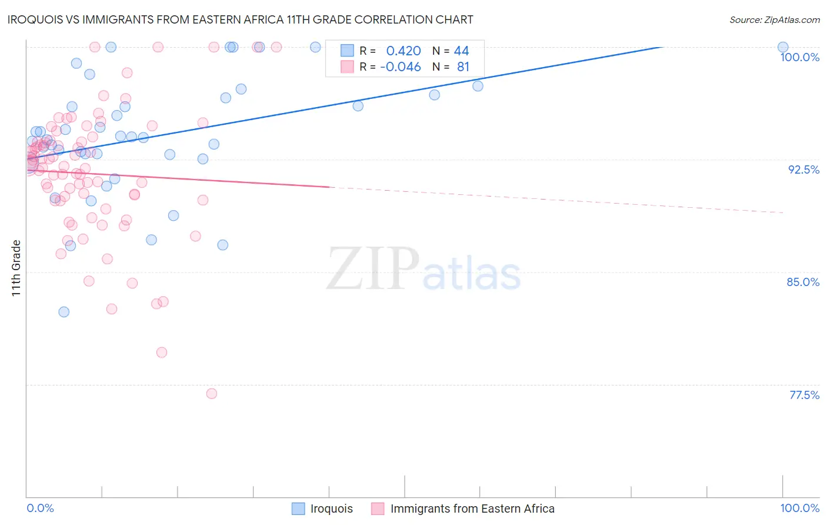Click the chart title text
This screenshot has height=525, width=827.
tap(240, 19)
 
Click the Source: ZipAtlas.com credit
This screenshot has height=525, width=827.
tap(774, 19)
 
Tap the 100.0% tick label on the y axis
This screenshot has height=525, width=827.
tap(799, 57)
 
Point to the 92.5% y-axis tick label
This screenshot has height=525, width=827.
tap(803, 170)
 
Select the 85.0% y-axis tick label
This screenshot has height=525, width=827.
tap(803, 282)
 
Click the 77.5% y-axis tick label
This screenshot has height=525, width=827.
tap(804, 395)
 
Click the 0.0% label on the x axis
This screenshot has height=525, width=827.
tap(41, 508)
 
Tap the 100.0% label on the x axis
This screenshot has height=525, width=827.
tap(799, 508)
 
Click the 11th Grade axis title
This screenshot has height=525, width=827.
tap(16, 268)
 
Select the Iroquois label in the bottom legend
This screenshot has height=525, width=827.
tap(331, 509)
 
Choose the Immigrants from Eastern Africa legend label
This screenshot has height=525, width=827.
tap(472, 509)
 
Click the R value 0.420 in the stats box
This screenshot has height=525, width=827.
tap(404, 51)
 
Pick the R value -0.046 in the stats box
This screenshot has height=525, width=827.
tap(401, 67)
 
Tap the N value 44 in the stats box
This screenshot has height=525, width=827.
tap(461, 51)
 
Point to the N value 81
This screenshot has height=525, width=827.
tap(463, 67)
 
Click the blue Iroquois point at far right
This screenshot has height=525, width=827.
tap(783, 47)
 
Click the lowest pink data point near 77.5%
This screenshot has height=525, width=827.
tap(212, 393)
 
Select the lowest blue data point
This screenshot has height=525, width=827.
tap(64, 312)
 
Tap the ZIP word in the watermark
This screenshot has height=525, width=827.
tap(373, 270)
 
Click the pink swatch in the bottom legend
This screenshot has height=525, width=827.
tap(378, 509)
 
